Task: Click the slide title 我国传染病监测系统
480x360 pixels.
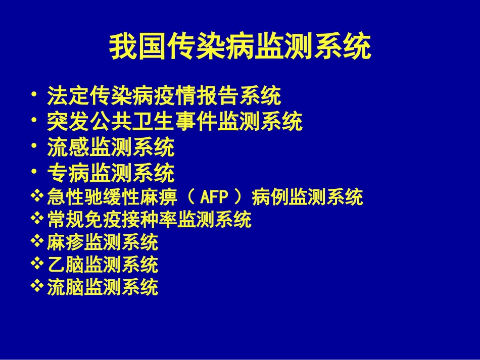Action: tap(240, 47)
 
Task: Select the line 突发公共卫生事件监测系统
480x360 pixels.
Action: tap(175, 122)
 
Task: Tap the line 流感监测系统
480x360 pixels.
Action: tap(111, 148)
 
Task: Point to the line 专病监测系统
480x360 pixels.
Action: tap(111, 174)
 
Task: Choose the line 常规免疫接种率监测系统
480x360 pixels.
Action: tap(149, 220)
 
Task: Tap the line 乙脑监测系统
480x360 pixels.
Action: tap(103, 265)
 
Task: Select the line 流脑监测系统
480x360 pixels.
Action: tap(103, 287)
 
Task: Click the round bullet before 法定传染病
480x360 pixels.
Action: tap(33, 94)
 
